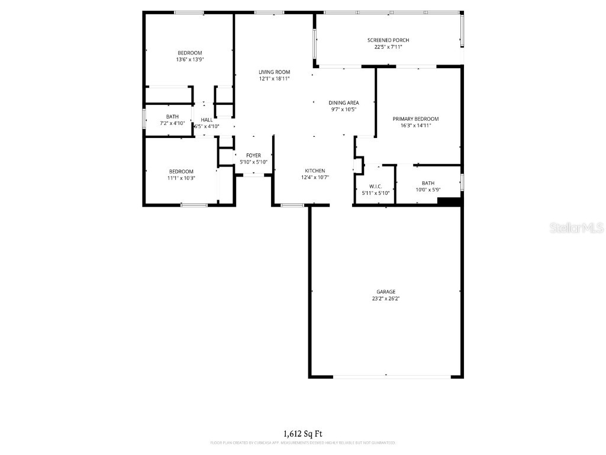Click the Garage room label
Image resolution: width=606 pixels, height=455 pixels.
385,291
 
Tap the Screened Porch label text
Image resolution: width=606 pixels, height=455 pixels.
388,40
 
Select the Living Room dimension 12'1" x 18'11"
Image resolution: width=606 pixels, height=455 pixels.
274,78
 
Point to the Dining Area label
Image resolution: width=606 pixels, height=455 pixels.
344,103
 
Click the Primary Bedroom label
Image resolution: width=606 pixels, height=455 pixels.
415,119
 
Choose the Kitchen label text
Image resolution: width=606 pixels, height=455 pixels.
315,171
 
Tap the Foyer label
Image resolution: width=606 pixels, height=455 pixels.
253,156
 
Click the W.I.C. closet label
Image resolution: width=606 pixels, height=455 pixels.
376,187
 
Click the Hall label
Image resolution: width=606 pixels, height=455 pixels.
207,120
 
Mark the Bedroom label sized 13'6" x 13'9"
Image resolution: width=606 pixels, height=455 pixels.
189,53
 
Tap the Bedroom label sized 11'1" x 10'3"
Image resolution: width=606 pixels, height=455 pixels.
181,172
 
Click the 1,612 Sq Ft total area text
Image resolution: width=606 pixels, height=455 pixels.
303,434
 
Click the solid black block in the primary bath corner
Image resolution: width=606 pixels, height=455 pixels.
449,202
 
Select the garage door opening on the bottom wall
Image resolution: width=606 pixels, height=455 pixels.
391,376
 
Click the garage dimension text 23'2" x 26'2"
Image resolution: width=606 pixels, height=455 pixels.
385,299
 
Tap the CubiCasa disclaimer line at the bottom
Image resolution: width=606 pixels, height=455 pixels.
303,443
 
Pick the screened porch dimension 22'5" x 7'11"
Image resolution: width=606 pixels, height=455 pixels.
388,47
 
